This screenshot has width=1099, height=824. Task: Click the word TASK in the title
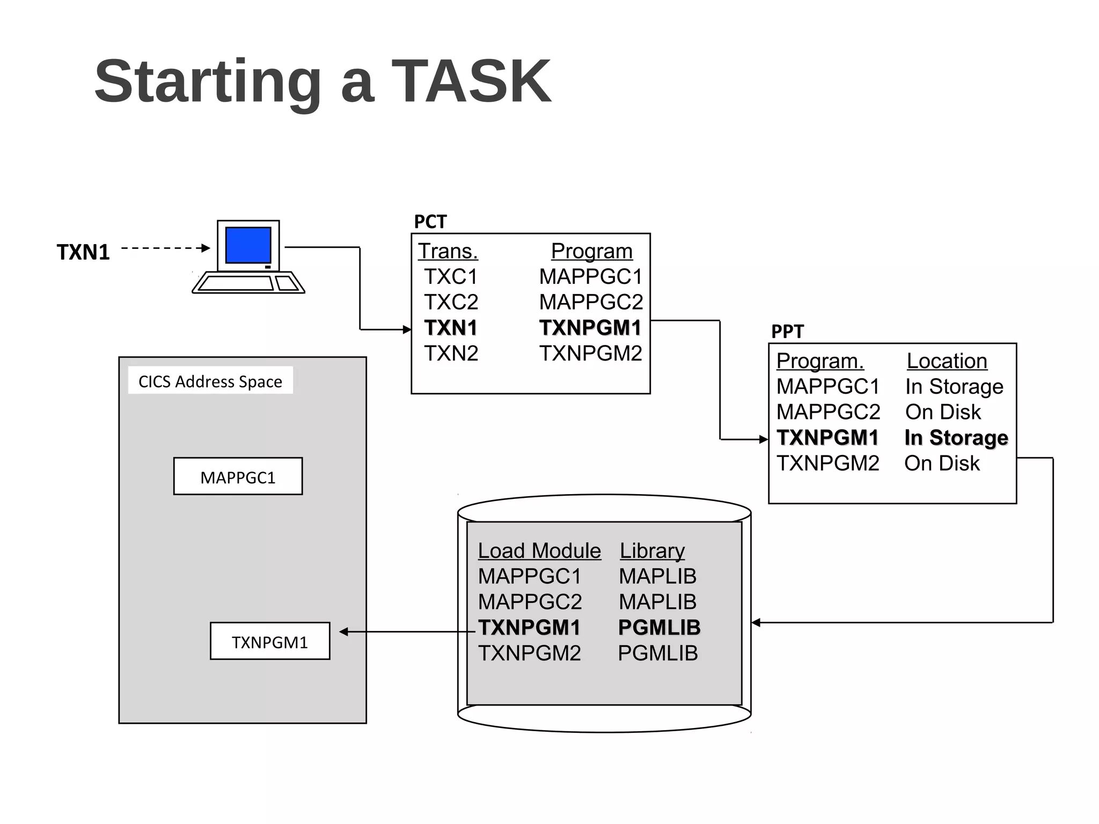(x=471, y=82)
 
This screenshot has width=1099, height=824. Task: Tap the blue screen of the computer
(x=248, y=245)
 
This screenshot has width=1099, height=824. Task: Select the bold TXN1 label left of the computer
(x=83, y=252)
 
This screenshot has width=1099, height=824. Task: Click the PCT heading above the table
(x=430, y=222)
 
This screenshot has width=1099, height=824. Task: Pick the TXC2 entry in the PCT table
(x=451, y=302)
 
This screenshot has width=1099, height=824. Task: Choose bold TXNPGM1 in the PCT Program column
(x=590, y=328)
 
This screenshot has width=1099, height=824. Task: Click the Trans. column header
(x=448, y=251)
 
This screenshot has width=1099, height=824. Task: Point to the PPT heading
(x=787, y=332)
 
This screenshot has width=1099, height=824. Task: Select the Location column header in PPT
(x=947, y=361)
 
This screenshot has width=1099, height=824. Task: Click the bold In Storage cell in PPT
(x=956, y=438)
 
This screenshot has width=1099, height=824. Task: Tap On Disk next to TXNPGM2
(x=942, y=464)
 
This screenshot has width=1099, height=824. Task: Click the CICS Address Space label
(x=210, y=381)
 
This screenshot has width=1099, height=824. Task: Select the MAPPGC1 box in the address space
(x=238, y=476)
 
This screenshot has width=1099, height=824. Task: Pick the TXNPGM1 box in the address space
(x=270, y=642)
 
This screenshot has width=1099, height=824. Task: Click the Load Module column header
(x=539, y=551)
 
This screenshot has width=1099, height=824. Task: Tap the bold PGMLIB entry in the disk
(x=659, y=628)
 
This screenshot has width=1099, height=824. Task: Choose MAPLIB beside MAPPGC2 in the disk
(x=657, y=602)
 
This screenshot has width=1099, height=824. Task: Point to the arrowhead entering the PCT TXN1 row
(x=407, y=329)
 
